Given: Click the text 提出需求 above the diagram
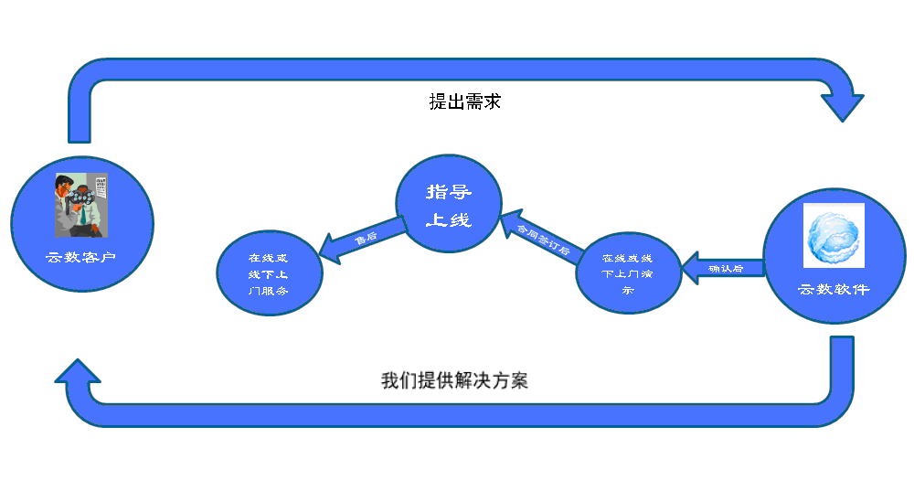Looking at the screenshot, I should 464,101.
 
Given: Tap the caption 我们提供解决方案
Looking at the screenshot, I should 454,380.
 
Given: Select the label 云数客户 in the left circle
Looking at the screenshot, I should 81,257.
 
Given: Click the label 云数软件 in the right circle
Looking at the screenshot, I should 834,290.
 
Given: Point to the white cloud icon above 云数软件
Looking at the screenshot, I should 834,236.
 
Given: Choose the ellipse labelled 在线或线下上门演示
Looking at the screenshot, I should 629,272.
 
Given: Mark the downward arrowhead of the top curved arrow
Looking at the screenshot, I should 842,106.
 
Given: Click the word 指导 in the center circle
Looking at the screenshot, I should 449,192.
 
